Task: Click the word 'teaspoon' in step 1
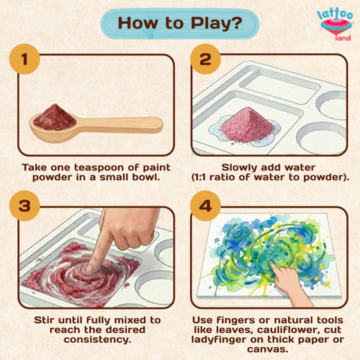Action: click(x=92, y=166)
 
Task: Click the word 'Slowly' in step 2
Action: click(x=242, y=166)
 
